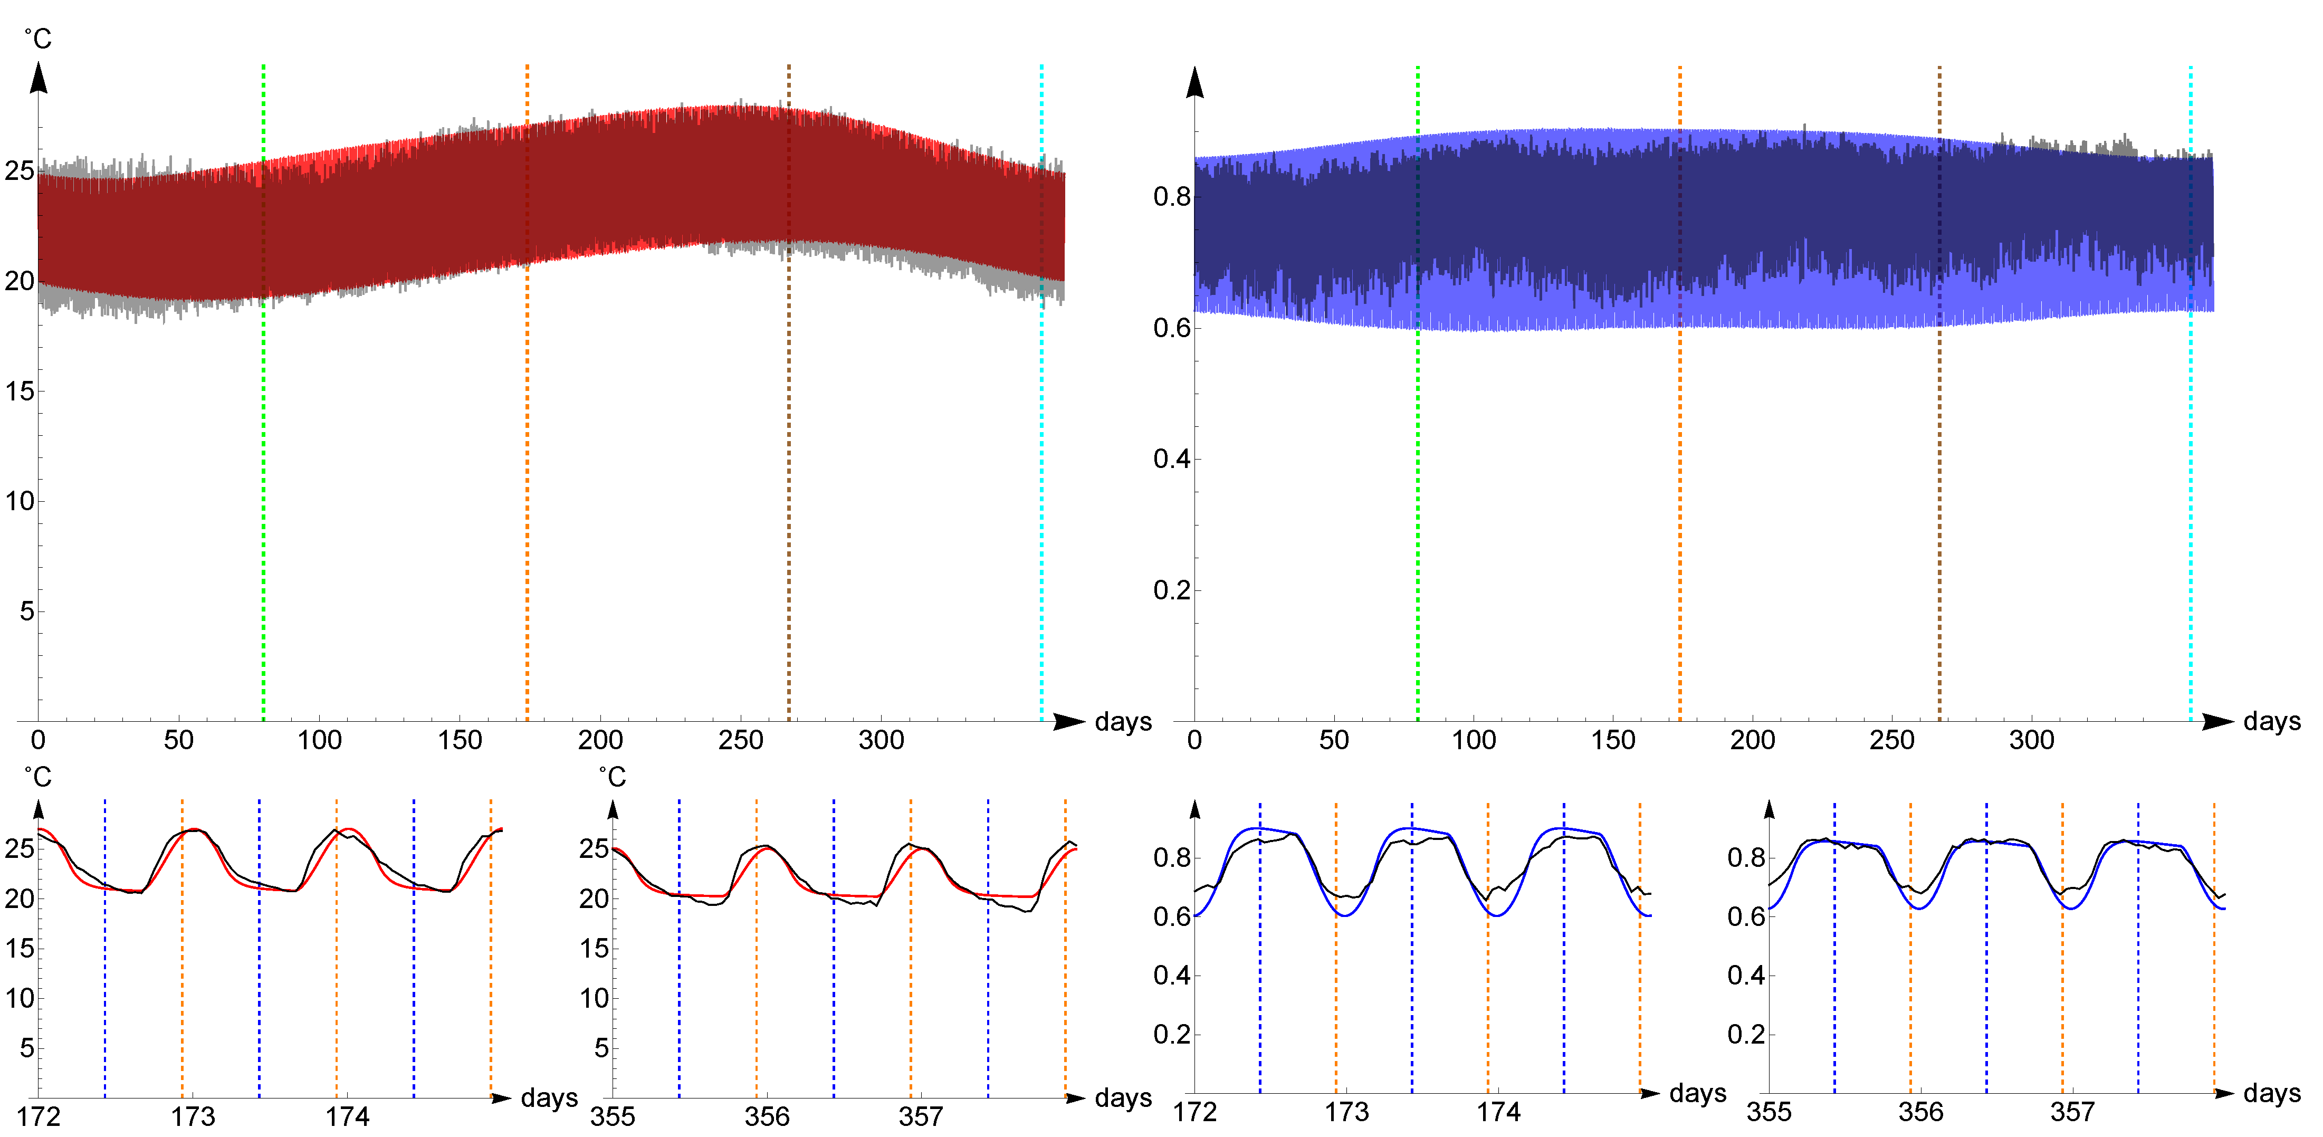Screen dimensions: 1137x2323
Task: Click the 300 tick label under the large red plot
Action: (x=881, y=740)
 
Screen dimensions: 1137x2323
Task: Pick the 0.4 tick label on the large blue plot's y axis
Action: (x=1171, y=459)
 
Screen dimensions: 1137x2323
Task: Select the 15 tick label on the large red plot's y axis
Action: (x=20, y=391)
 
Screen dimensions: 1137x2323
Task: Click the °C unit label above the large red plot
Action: (x=38, y=39)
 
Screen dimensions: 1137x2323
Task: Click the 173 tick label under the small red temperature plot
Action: (x=193, y=1117)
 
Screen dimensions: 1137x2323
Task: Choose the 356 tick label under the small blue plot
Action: (x=1921, y=1112)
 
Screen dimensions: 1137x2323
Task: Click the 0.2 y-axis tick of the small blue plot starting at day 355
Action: (x=1746, y=1034)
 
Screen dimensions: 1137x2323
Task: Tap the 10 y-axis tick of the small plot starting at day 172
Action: (x=20, y=998)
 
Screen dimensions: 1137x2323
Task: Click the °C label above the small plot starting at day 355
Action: (x=613, y=777)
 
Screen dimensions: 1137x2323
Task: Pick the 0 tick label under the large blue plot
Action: (x=1195, y=740)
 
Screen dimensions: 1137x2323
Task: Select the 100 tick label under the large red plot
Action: (x=319, y=740)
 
